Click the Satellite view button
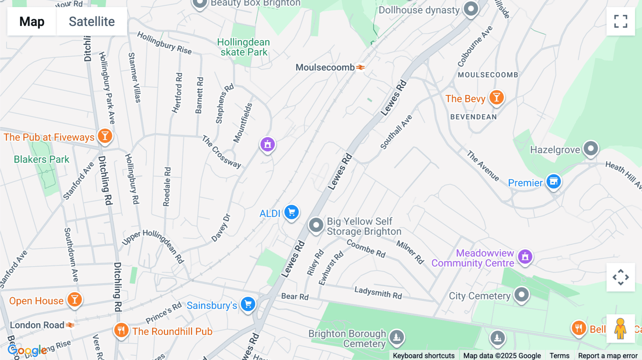point(92,21)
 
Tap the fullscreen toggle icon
point(621,21)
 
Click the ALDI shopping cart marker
point(291,212)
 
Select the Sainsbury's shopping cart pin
point(248,304)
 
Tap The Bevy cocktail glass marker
point(496,97)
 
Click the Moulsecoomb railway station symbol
point(361,67)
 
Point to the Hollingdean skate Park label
point(244,47)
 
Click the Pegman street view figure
point(620,329)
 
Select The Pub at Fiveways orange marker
point(105,136)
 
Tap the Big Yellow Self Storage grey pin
point(316,225)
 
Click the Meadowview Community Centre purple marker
point(525,257)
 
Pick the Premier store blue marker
point(554,182)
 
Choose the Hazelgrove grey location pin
point(591,148)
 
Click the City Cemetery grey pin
point(521,295)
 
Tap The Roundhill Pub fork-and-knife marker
point(121,330)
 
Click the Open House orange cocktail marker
point(75,300)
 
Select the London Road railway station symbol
point(70,325)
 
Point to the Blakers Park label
point(41,159)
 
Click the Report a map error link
point(607,356)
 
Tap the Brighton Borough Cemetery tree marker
point(397,337)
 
